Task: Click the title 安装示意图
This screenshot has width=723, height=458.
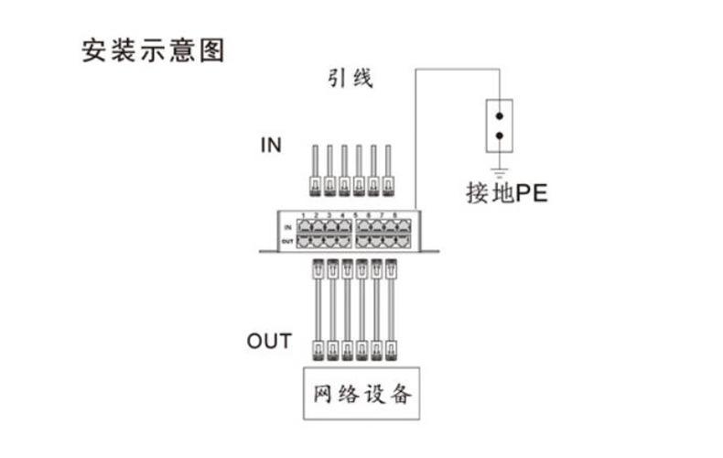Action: [153, 49]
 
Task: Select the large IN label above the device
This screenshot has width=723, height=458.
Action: [271, 145]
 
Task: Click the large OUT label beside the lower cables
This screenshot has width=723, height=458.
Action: [269, 342]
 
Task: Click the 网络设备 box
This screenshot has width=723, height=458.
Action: [362, 396]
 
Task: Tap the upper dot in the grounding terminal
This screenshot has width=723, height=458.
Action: [499, 116]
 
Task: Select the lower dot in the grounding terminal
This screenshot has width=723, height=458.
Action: [499, 136]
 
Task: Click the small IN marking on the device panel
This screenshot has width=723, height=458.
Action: [287, 225]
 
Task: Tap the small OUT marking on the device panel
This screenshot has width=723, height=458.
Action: [287, 240]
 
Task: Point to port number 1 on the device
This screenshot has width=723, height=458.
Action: [303, 215]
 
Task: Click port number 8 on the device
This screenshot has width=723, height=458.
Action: [395, 215]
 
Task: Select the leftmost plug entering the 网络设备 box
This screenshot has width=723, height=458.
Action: [318, 348]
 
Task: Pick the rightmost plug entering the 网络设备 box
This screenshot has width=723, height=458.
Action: [391, 348]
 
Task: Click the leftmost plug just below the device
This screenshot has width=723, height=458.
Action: [318, 269]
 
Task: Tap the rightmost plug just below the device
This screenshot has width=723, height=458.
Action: [391, 269]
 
